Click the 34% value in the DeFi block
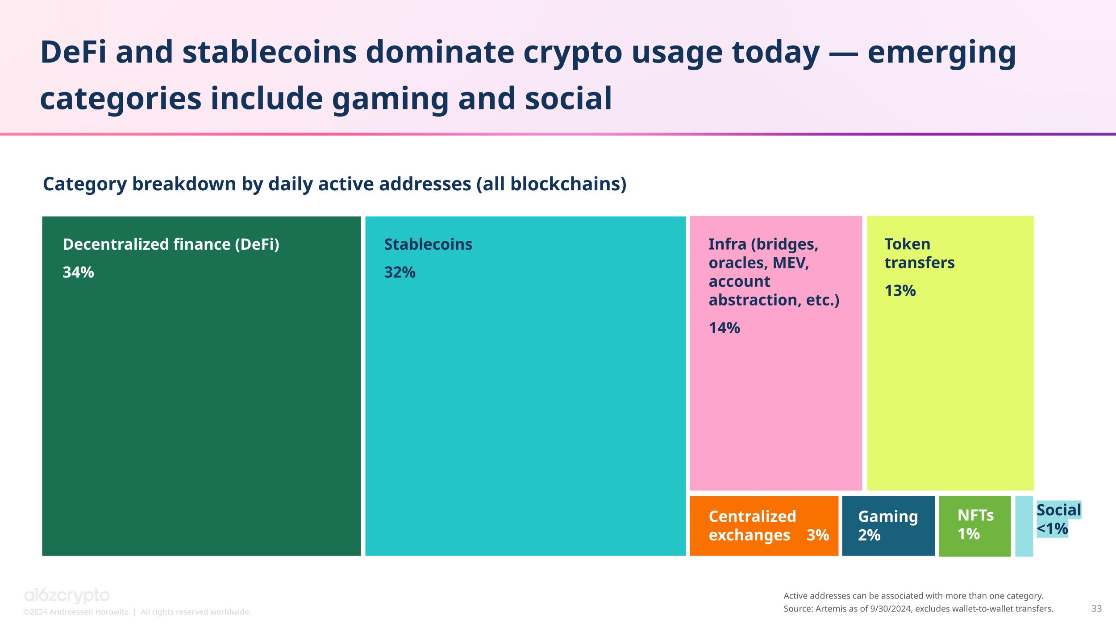coord(78,272)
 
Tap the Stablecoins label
coord(428,244)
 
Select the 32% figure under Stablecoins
coord(400,272)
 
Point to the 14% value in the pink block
coord(724,328)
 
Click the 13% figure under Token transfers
coord(900,291)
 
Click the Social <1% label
coord(1058,519)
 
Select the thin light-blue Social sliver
coord(1024,526)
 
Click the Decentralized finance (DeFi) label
coord(171,244)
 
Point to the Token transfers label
coord(919,253)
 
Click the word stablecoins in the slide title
coord(270,52)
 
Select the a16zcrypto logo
coord(67,595)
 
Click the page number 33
coord(1096,608)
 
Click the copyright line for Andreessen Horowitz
coord(137,612)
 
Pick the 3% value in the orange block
coord(817,535)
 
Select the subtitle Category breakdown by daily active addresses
coord(334,184)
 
